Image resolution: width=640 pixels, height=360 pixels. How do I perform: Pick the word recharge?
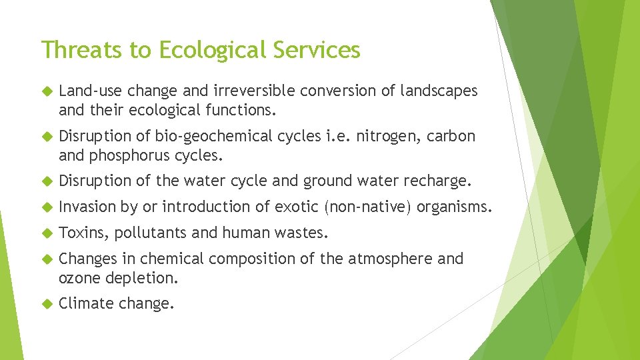[440, 181]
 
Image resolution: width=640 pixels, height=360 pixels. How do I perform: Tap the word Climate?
[86, 303]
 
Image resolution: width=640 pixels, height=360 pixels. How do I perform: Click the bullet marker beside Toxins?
[45, 233]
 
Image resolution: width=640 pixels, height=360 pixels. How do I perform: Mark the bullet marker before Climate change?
[45, 304]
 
